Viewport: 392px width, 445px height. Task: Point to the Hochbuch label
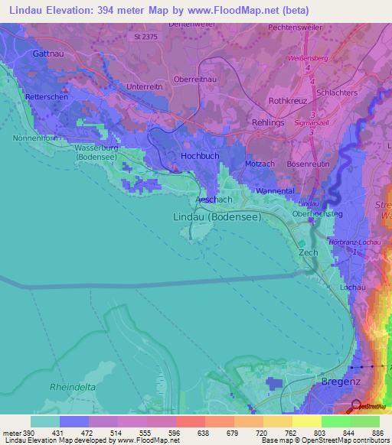[201, 155]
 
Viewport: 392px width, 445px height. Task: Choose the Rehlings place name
[268, 122]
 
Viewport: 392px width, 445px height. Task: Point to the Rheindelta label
[73, 387]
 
